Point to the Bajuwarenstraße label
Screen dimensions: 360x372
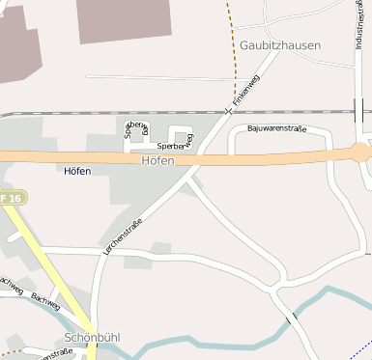tap(276, 128)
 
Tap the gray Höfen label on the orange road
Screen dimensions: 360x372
tap(157, 160)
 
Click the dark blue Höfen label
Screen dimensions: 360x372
tap(76, 172)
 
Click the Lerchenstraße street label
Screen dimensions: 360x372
tap(123, 235)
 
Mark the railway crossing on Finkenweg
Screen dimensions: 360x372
tap(228, 111)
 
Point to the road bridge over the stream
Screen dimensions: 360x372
tap(292, 317)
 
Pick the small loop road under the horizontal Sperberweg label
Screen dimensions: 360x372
tap(181, 136)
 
